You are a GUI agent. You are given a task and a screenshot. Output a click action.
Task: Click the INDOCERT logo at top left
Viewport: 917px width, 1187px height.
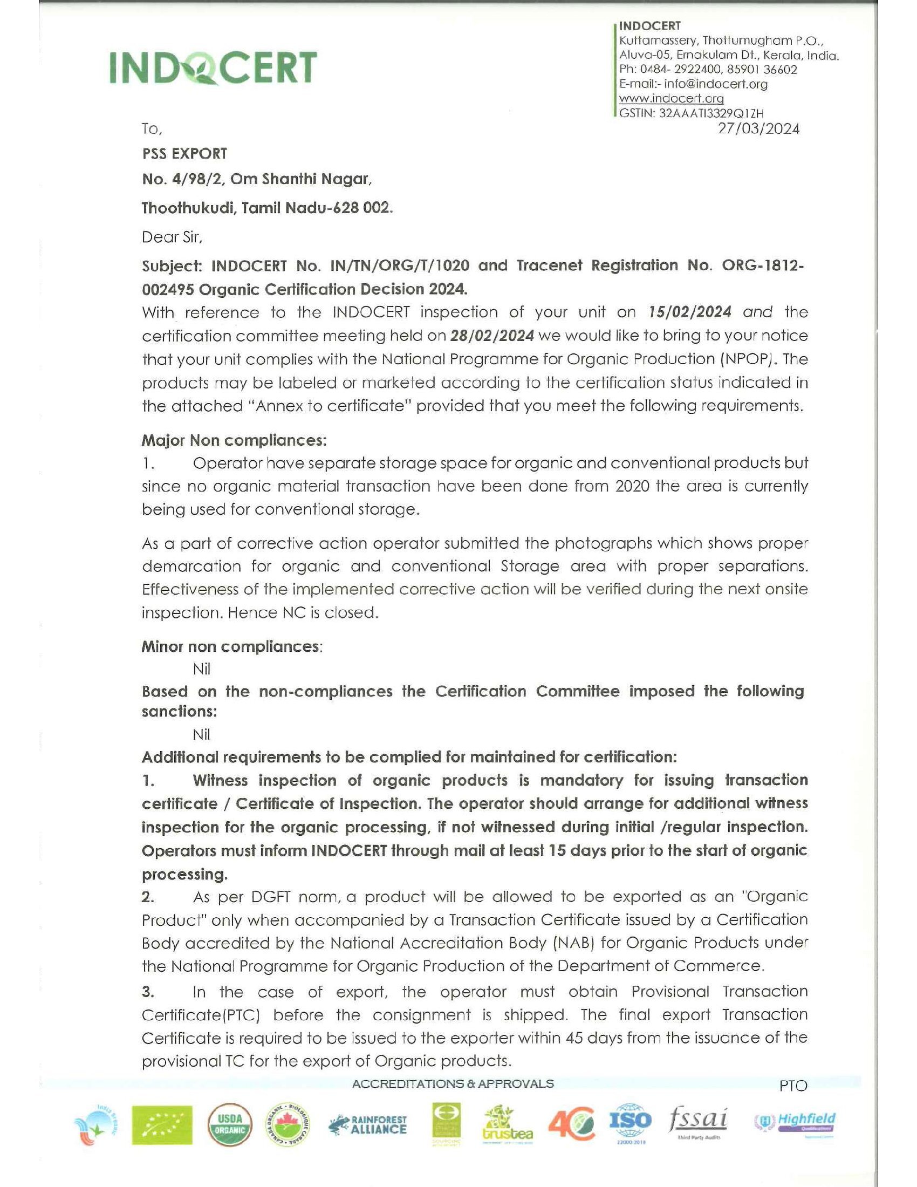click(x=213, y=68)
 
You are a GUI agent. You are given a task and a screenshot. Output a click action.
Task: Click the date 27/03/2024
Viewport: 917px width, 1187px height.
click(x=758, y=129)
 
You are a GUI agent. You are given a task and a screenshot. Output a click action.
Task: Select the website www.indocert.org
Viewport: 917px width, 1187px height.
click(x=671, y=98)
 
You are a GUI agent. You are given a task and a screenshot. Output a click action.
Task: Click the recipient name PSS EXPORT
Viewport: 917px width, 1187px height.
click(x=184, y=154)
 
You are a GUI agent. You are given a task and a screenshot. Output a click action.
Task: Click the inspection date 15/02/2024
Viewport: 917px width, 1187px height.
click(x=689, y=312)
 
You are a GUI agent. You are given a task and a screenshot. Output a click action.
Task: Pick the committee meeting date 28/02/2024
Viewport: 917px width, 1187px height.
click(x=491, y=336)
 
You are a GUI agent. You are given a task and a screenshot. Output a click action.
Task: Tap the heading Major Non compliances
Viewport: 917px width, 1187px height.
click(x=234, y=440)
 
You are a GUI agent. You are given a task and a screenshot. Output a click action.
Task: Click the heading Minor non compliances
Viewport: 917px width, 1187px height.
click(x=232, y=646)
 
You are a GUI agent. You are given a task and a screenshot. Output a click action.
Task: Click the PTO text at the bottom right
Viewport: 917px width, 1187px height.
click(x=792, y=1086)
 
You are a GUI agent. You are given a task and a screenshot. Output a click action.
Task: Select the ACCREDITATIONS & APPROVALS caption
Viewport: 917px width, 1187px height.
click(x=453, y=1084)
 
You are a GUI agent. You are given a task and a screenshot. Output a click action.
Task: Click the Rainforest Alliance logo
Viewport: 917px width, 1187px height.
click(x=367, y=1125)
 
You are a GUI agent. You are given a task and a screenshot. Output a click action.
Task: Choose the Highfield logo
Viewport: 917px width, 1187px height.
click(x=795, y=1122)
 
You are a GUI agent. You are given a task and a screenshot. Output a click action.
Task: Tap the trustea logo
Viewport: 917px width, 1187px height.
click(x=507, y=1125)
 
